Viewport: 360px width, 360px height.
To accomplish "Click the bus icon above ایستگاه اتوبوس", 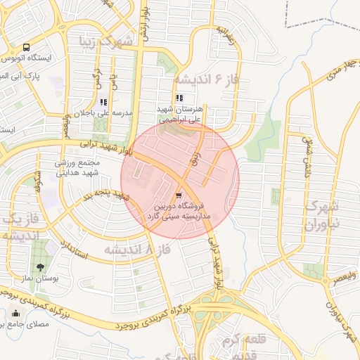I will [26, 48].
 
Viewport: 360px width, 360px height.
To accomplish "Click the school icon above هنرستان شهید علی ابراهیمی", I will [180, 98].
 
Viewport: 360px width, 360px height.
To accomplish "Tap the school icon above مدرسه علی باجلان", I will [103, 102].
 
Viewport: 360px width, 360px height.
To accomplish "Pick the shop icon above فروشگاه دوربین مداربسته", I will [179, 194].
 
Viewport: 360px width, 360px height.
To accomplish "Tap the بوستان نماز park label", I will [43, 279].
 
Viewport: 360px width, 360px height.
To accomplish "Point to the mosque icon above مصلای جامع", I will [15, 314].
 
